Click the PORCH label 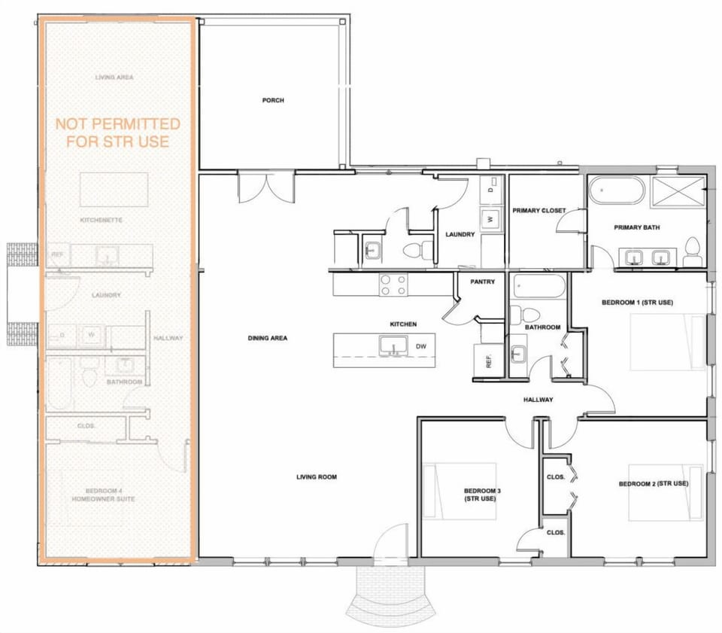tap(273, 100)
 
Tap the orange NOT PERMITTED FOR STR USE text tap(118, 132)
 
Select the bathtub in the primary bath tap(616, 190)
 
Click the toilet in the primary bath tap(693, 251)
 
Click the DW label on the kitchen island tap(421, 347)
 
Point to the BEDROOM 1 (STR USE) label tap(636, 303)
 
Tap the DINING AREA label tap(267, 338)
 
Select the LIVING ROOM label tap(316, 476)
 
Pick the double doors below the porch tap(265, 186)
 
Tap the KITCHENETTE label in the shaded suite tap(101, 220)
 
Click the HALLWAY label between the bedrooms tap(538, 400)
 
